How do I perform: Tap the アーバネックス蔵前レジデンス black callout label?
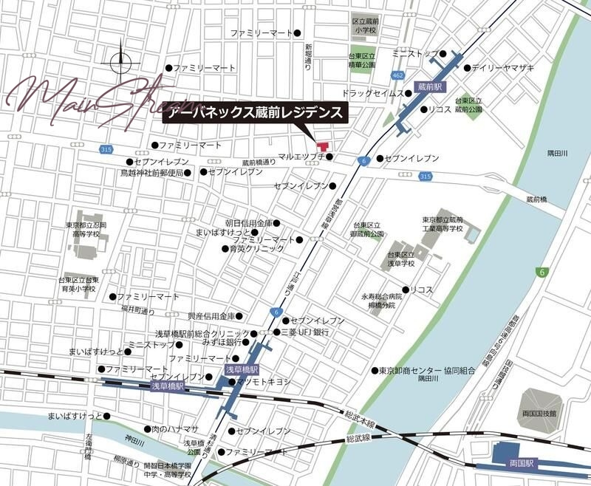[x=255, y=113]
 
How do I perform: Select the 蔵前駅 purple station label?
[x=428, y=86]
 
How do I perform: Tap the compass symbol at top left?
[x=123, y=63]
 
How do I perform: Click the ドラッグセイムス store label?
[x=372, y=94]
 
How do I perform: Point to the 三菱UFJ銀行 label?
[x=305, y=333]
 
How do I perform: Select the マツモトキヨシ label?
[x=264, y=382]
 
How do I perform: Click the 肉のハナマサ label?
[x=175, y=428]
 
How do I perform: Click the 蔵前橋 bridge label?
[x=537, y=199]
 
